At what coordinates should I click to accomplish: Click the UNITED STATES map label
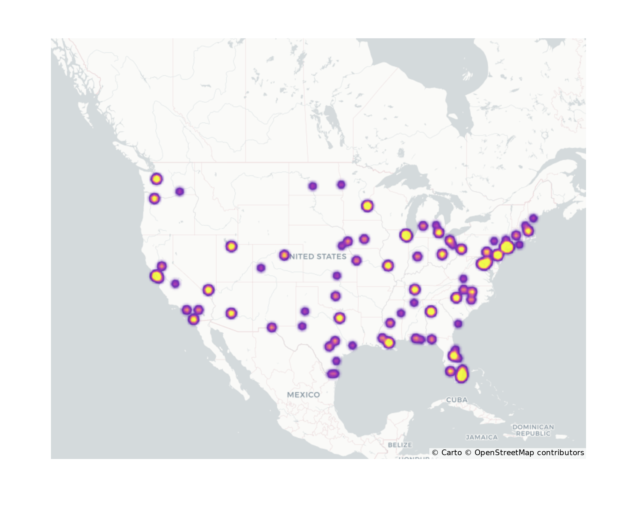318,257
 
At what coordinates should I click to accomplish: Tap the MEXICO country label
303,395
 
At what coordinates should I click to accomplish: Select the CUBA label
457,400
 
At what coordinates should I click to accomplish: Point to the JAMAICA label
482,437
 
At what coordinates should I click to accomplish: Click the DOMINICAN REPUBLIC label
533,430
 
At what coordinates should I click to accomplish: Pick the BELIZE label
400,445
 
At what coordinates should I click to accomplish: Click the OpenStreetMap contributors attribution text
529,453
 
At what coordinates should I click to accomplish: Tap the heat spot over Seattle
156,179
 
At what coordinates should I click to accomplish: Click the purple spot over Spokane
180,192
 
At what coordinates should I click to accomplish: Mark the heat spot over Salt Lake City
231,246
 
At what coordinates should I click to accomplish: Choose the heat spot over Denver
284,255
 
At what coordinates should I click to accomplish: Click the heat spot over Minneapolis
367,206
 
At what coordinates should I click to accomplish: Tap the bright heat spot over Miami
462,375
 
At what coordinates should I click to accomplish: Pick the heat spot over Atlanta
431,311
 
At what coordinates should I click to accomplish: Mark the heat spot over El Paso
271,327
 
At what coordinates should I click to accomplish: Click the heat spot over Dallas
340,318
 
